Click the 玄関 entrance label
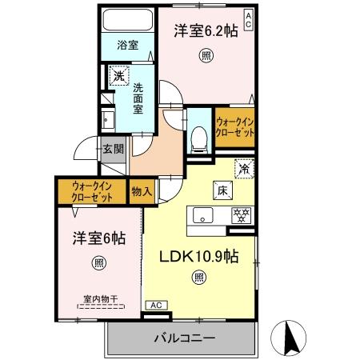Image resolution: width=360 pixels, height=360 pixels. pyautogui.click(x=113, y=148)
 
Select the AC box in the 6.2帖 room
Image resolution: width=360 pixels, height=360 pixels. pyautogui.click(x=249, y=19)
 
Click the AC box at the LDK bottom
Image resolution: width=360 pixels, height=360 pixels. pyautogui.click(x=156, y=305)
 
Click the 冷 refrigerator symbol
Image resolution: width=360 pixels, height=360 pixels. pyautogui.click(x=242, y=170)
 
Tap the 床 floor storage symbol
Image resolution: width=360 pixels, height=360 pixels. pyautogui.click(x=220, y=189)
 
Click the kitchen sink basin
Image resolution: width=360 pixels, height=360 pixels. pyautogui.click(x=202, y=214)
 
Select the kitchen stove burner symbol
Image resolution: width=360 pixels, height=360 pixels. pyautogui.click(x=238, y=214)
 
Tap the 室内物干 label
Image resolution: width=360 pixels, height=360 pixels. pyautogui.click(x=100, y=298)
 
